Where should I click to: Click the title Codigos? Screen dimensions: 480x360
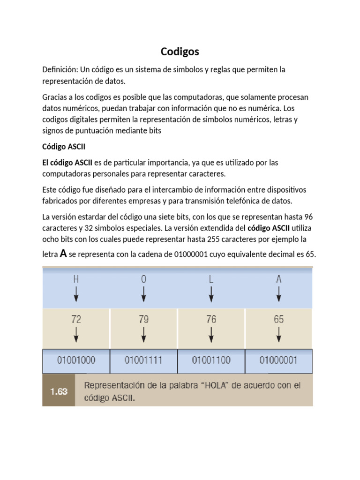[x=180, y=51]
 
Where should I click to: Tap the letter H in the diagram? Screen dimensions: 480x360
[x=76, y=279]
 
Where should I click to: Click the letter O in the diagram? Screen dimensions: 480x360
[x=143, y=279]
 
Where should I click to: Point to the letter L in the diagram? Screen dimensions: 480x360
[x=211, y=279]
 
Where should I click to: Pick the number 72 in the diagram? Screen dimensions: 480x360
[x=76, y=320]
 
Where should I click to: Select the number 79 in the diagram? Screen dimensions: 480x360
[x=143, y=320]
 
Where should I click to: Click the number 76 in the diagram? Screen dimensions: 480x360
[x=211, y=320]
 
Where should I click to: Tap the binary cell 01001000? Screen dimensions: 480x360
[x=76, y=360]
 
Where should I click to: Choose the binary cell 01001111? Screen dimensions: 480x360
[x=143, y=360]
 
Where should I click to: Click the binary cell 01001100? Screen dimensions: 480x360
[x=211, y=360]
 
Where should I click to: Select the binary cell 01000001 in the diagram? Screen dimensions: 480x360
[x=278, y=360]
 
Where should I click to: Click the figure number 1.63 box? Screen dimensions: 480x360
[x=59, y=390]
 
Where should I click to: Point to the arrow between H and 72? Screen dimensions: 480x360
[x=76, y=294]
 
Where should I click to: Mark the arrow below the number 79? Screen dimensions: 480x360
[x=143, y=335]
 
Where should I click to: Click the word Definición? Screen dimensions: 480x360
[x=60, y=69]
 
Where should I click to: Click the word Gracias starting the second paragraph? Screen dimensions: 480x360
[x=56, y=97]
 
